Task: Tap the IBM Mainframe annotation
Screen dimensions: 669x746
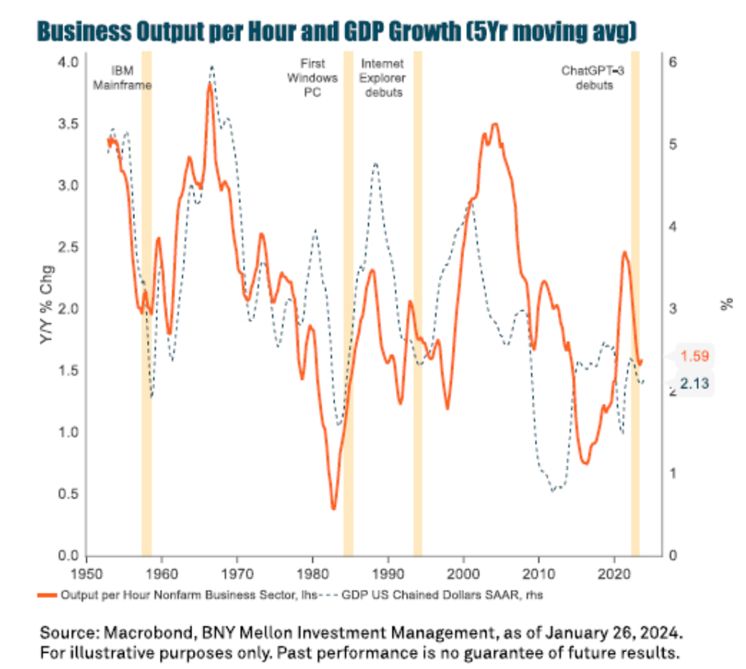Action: tap(132, 78)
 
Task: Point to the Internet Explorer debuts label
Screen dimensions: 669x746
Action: tap(382, 78)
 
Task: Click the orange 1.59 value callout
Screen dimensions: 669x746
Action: tap(694, 356)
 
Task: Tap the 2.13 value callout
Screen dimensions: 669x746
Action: tap(694, 384)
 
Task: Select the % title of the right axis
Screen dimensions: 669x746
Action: tap(728, 304)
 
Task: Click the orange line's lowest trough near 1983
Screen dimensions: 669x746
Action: tap(334, 508)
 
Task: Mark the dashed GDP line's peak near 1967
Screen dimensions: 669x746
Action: tap(212, 67)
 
